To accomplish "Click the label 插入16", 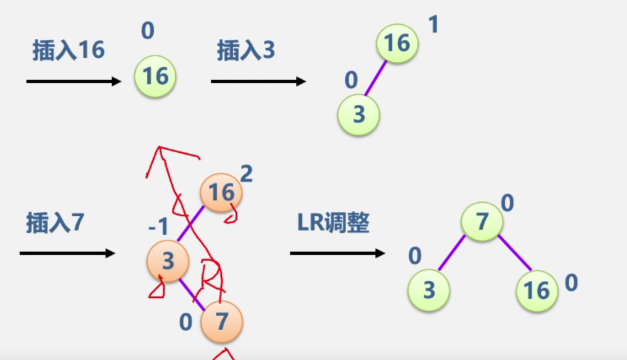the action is (68, 51).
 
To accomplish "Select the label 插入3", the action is (246, 51).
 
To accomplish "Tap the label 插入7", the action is (54, 223).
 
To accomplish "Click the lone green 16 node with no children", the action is (155, 76).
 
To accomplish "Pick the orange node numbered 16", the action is (221, 193).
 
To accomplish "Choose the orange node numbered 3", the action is (167, 261).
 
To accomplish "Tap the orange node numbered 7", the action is (221, 321).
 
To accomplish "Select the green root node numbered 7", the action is (482, 222).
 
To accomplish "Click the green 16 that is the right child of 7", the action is (537, 290).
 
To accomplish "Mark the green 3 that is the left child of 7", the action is (429, 290).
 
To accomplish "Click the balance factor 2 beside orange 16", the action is (246, 174).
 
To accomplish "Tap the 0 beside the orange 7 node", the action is (186, 323).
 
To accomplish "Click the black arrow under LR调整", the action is (337, 253).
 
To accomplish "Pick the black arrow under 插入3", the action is (258, 81).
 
